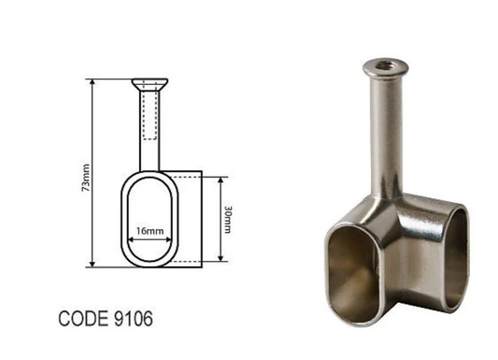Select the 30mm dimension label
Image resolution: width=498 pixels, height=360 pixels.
click(x=230, y=219)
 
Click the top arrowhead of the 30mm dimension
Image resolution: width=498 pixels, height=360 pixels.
click(x=220, y=178)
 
